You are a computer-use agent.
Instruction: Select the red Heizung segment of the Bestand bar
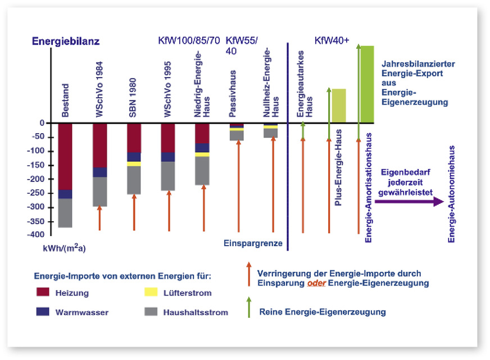click(66, 156)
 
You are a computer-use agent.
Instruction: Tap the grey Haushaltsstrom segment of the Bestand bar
click(66, 213)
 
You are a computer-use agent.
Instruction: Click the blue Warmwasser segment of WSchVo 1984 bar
click(100, 172)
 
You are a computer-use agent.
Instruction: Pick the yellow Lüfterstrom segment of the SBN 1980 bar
click(134, 163)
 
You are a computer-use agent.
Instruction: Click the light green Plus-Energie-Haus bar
click(339, 106)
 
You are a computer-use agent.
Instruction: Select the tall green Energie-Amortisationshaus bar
click(367, 84)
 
